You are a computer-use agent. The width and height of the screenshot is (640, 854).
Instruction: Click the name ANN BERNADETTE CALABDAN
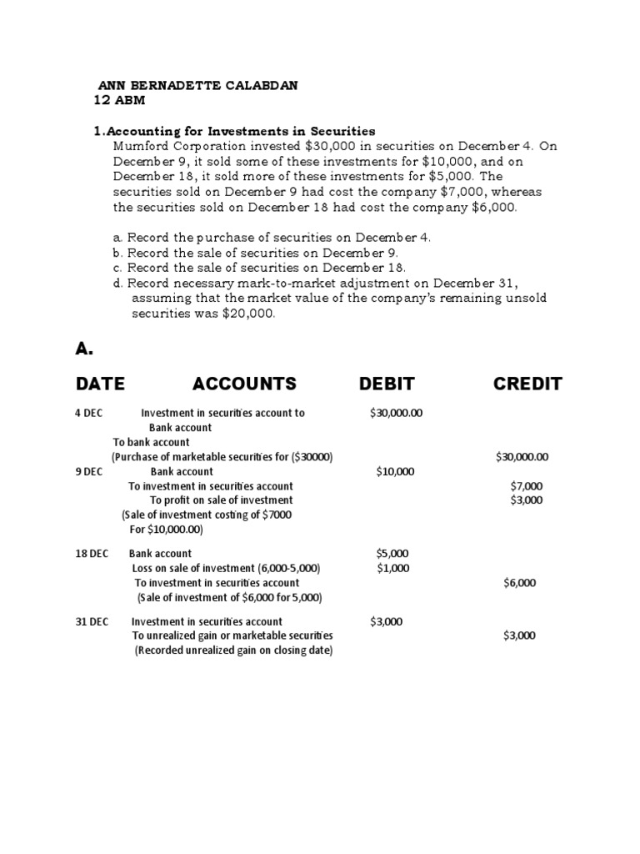tap(199, 86)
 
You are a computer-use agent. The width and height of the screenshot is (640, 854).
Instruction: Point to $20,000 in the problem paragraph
tap(247, 314)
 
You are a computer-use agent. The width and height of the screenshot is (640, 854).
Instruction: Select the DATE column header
tap(100, 384)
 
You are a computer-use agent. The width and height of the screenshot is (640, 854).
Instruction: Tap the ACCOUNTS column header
tap(244, 384)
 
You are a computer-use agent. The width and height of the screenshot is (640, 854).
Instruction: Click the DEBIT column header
tap(387, 384)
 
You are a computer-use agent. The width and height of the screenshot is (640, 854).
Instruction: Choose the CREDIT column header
tap(527, 384)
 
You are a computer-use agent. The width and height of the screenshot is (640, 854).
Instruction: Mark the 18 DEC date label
tap(92, 554)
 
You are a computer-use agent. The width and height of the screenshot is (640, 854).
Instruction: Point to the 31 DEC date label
tap(92, 621)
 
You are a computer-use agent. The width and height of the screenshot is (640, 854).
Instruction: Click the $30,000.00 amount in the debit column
tap(397, 413)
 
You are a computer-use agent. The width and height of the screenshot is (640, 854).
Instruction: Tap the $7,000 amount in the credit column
tap(526, 486)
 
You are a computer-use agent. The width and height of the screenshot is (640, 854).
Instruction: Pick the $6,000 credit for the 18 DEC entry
tap(519, 583)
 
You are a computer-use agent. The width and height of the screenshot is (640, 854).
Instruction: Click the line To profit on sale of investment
tap(221, 500)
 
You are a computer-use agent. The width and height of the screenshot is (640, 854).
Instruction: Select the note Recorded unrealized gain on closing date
tap(233, 651)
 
